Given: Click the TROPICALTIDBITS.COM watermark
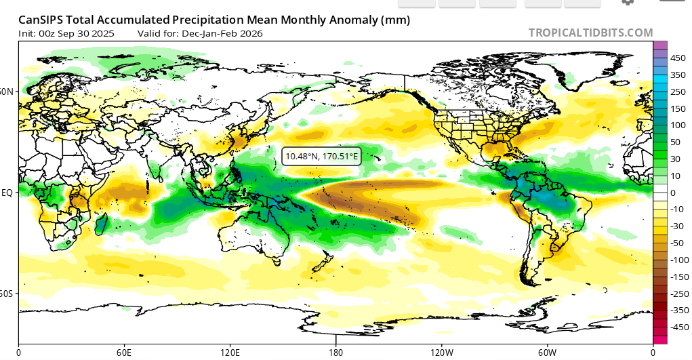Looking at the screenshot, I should tap(590, 33).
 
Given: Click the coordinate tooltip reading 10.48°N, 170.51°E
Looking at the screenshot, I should tap(321, 156).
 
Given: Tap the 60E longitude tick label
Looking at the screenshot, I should tap(124, 353).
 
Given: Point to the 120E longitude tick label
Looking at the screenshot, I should tap(230, 353).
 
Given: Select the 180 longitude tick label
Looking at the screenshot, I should tap(335, 353).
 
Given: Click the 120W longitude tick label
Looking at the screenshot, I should tap(441, 353).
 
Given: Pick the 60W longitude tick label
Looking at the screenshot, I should tap(547, 353).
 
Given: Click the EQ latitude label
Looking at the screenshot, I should tap(8, 193).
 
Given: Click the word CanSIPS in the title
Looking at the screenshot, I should tap(40, 20).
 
